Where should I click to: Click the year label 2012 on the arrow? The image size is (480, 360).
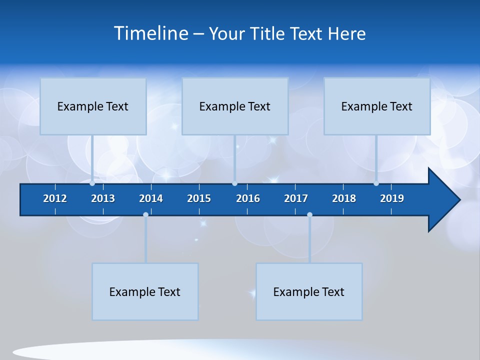pyautogui.click(x=55, y=198)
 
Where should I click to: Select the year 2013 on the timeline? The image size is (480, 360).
pyautogui.click(x=103, y=198)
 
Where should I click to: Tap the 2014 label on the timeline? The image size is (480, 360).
pyautogui.click(x=151, y=198)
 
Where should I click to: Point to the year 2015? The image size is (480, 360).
pyautogui.click(x=199, y=198)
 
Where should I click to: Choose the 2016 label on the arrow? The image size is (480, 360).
pyautogui.click(x=248, y=198)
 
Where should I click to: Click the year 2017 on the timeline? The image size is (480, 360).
pyautogui.click(x=296, y=198)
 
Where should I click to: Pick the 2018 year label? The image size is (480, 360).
pyautogui.click(x=344, y=198)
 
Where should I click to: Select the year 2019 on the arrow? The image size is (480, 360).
pyautogui.click(x=392, y=198)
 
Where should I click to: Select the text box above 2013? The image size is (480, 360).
pyautogui.click(x=93, y=106)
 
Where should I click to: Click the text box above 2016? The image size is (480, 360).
pyautogui.click(x=235, y=106)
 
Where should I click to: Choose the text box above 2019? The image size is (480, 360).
pyautogui.click(x=377, y=106)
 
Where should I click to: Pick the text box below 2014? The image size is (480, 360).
pyautogui.click(x=145, y=291)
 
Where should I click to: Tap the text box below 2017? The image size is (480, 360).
pyautogui.click(x=309, y=291)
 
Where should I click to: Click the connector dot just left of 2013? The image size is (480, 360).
pyautogui.click(x=92, y=183)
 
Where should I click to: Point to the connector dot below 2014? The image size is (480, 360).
pyautogui.click(x=145, y=215)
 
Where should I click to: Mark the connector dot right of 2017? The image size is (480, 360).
pyautogui.click(x=309, y=215)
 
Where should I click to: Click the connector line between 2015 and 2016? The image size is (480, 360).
pyautogui.click(x=235, y=159)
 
